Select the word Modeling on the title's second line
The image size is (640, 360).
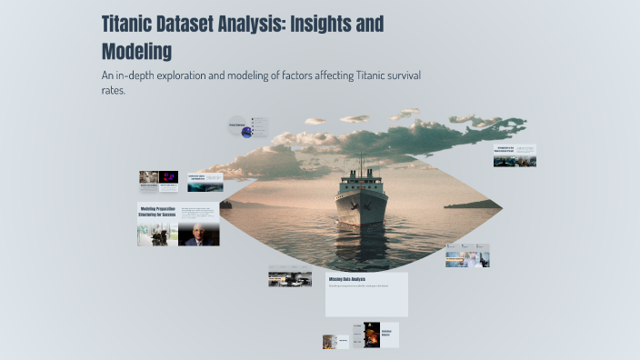coord(136,50)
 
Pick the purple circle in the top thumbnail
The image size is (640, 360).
coord(246,132)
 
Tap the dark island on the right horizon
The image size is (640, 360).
coord(472,205)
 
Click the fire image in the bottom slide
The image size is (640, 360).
coord(371,335)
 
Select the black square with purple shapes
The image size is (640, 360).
coord(169,177)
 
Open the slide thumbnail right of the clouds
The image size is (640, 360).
coord(515,155)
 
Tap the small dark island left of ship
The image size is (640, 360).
coord(225,205)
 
